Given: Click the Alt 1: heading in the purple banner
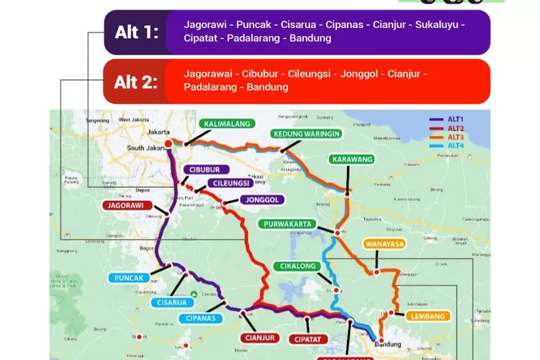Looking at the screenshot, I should [x=136, y=32].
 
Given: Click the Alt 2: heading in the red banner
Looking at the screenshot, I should [x=136, y=81].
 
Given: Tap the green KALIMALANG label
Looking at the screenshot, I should [x=227, y=124].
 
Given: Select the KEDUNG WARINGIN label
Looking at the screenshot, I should [x=306, y=134].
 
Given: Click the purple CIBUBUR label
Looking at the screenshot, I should [x=207, y=170].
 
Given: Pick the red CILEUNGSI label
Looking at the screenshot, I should [x=231, y=183].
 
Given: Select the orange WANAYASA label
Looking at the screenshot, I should [x=384, y=244].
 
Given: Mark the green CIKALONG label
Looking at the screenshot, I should [x=297, y=266].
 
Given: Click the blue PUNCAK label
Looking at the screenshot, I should [x=130, y=278].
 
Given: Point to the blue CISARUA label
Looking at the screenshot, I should [x=171, y=303].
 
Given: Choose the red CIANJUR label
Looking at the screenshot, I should [x=256, y=337].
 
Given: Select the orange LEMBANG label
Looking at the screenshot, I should [x=428, y=315].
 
